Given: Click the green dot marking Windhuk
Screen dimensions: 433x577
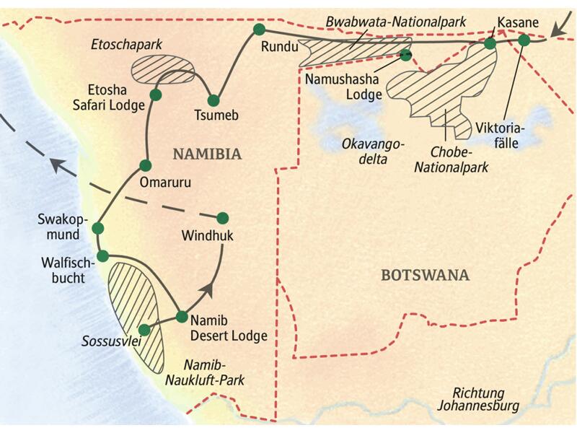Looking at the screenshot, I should click(223, 217).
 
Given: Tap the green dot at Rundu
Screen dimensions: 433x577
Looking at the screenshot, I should click(259, 30).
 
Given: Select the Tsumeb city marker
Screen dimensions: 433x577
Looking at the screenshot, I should click(213, 100).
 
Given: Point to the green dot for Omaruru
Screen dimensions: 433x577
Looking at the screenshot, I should click(145, 165).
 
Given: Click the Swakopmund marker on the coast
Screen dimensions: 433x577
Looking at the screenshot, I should click(98, 229).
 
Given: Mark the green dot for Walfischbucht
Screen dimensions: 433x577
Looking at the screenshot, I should click(103, 255).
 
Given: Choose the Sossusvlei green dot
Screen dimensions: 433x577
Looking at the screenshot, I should click(144, 330).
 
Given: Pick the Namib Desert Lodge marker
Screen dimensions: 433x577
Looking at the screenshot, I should click(182, 316).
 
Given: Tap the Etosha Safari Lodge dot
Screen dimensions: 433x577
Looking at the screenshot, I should click(155, 95).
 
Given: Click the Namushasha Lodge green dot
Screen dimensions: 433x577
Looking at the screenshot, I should click(406, 55).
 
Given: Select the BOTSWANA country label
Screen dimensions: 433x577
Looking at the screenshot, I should click(425, 275).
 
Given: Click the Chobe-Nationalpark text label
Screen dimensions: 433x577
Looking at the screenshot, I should click(458, 159).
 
